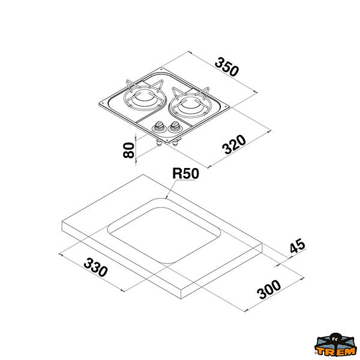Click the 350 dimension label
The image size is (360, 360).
point(227,67)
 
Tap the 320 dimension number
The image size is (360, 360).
point(234,145)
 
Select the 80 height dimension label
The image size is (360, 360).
point(128,150)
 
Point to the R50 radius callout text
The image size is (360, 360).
point(185,173)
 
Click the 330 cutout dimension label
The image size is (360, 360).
point(95,267)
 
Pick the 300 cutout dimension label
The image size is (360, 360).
point(269,290)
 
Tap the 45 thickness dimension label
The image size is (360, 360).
point(298,245)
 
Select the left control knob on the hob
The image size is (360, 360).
point(158,127)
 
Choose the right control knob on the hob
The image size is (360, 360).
point(175,127)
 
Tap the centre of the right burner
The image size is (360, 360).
point(190,106)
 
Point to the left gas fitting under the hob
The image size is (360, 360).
point(159,143)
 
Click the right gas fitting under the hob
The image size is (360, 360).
point(175,143)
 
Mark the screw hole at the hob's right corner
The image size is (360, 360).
point(227,106)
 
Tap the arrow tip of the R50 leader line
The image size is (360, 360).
point(166,197)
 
